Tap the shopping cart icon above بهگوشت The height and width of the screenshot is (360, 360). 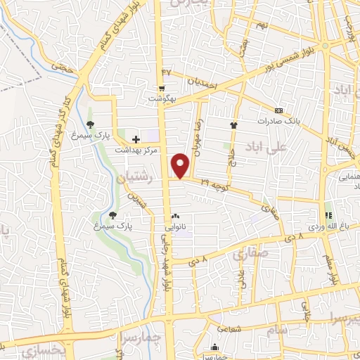point(162,89)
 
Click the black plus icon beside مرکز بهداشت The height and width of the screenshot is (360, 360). point(136,139)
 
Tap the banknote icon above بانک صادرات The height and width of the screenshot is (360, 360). point(279,110)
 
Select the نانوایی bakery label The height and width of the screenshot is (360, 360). point(177,227)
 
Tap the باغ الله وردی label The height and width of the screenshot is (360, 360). point(327,226)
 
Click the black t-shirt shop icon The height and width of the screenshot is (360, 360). point(234,124)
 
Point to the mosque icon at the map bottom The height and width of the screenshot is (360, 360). point(214,347)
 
